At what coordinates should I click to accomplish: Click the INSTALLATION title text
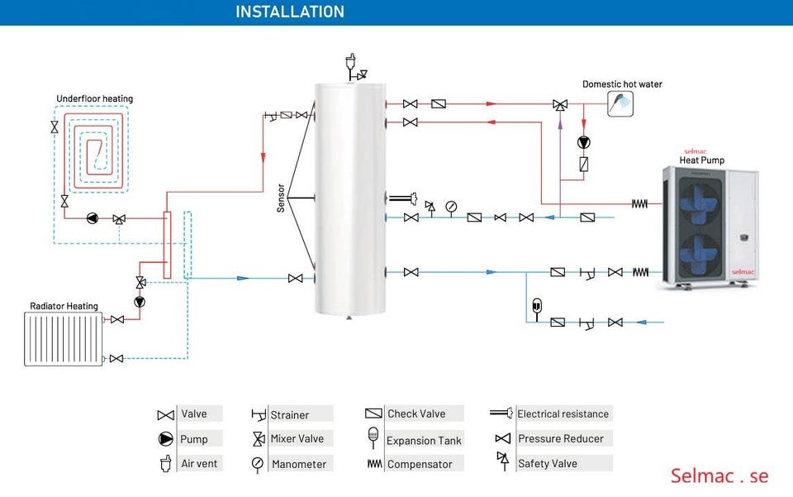(289, 12)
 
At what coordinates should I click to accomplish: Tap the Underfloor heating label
(94, 99)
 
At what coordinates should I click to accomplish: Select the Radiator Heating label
(64, 306)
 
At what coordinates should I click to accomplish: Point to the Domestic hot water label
(622, 84)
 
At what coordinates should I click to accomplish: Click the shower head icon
(620, 103)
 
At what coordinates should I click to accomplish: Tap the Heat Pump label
(701, 160)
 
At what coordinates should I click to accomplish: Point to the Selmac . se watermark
(719, 475)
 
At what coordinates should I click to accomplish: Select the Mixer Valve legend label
(297, 438)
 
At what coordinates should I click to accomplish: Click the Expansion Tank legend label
(424, 441)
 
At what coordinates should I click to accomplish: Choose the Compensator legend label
(420, 464)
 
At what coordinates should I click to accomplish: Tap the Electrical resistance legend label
(563, 413)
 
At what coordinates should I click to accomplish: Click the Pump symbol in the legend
(166, 439)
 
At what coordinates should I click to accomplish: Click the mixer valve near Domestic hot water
(560, 105)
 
